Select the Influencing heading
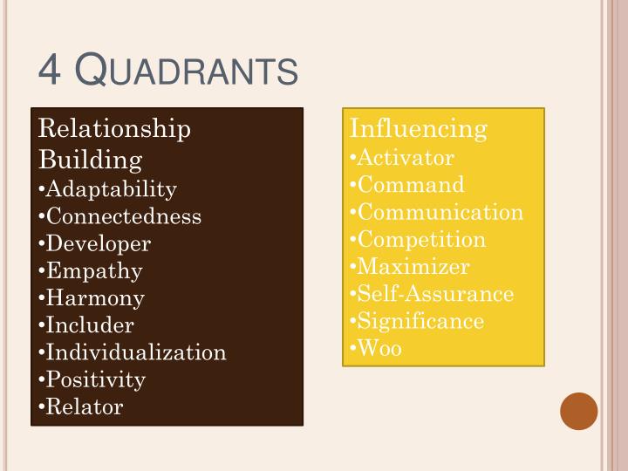[x=418, y=129]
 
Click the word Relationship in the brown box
[x=114, y=129]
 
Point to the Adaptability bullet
[x=111, y=189]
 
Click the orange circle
[x=579, y=411]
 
